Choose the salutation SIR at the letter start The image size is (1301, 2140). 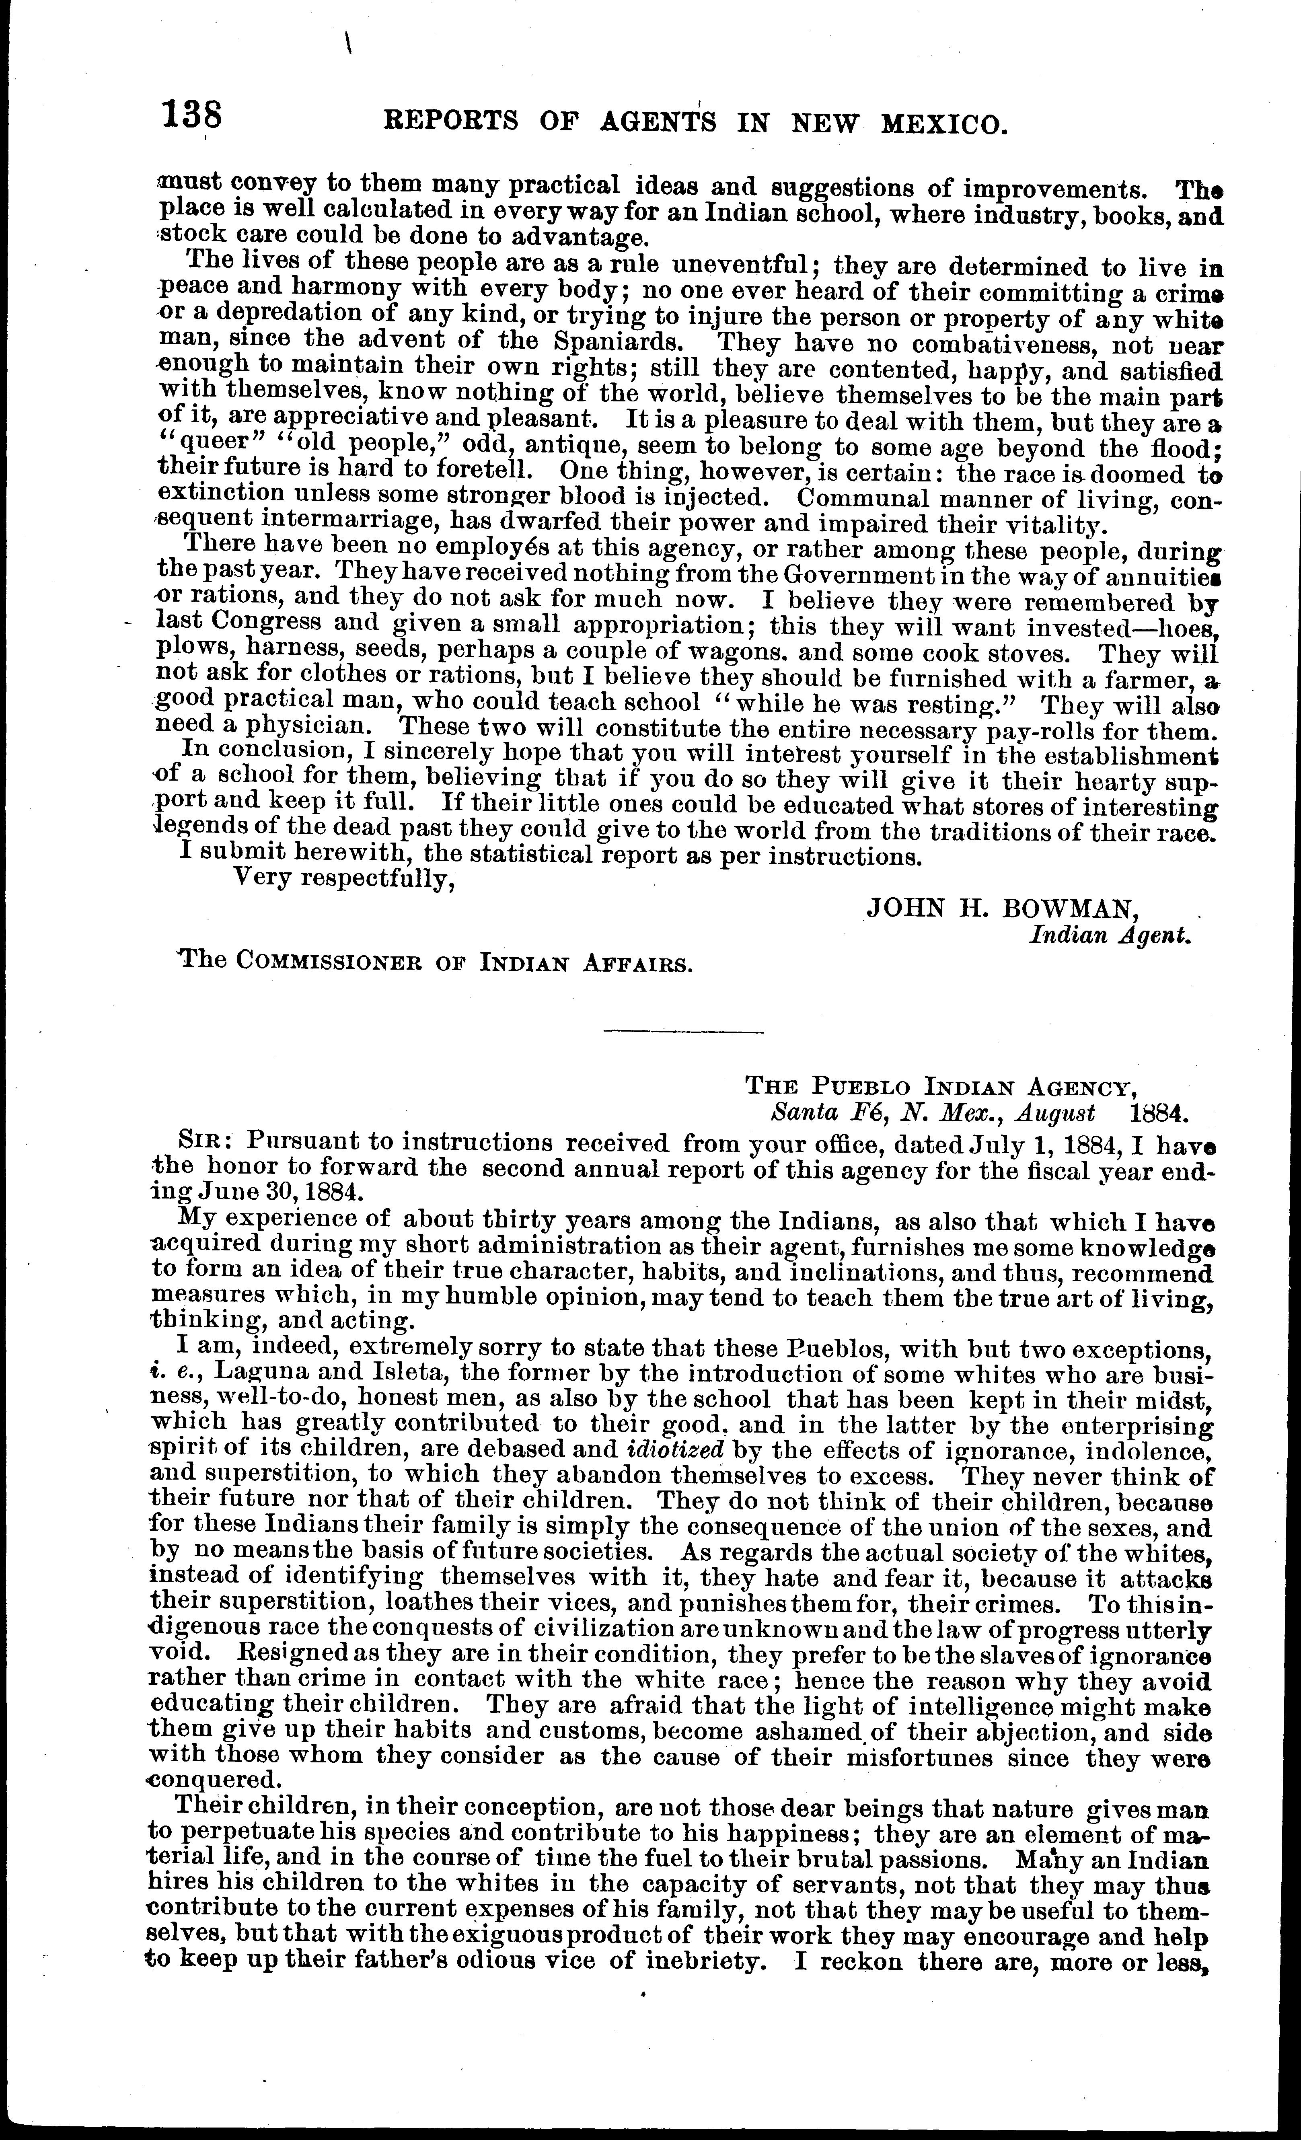pyautogui.click(x=201, y=1140)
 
